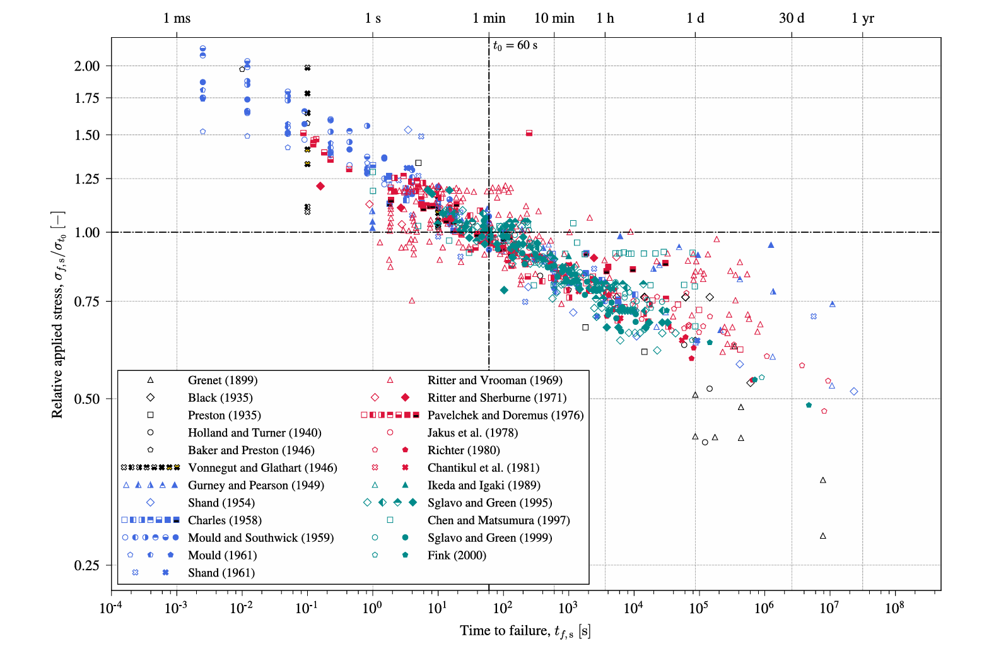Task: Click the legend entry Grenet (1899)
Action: [x=223, y=380]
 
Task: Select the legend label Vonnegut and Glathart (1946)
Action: [x=262, y=467]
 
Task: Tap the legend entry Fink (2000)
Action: [x=457, y=555]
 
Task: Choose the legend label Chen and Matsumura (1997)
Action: [x=498, y=520]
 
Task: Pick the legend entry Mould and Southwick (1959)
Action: [x=260, y=538]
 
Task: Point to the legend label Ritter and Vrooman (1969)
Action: [x=495, y=380]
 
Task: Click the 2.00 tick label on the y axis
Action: [x=87, y=66]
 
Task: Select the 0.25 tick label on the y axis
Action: [x=87, y=565]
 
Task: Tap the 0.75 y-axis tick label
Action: [x=87, y=302]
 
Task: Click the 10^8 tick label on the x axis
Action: [x=894, y=607]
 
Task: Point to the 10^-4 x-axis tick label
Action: [x=111, y=607]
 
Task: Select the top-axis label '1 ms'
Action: [x=177, y=18]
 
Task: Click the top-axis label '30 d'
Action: [x=792, y=18]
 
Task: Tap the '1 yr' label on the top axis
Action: [x=863, y=18]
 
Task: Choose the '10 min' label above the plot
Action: [x=554, y=18]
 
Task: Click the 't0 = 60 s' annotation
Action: [x=515, y=45]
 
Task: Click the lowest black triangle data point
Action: [x=823, y=536]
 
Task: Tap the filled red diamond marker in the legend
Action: [x=406, y=397]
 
